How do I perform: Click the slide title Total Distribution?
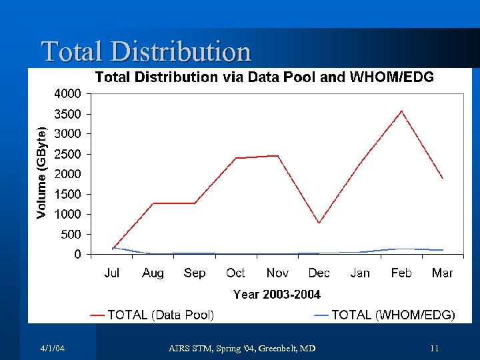pos(146,51)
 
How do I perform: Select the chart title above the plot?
pos(264,77)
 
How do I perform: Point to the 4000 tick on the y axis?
pos(67,93)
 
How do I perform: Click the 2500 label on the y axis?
pos(67,154)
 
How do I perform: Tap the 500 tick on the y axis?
pos(71,235)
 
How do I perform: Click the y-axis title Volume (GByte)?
pos(41,173)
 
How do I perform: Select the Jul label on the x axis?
pos(112,273)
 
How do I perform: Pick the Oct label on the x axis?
pos(235,273)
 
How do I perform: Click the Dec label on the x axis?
pos(319,273)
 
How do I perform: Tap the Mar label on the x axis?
pos(442,273)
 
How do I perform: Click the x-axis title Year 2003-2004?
pos(277,294)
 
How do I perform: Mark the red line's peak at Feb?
pos(401,111)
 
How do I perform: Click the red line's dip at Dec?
pos(319,223)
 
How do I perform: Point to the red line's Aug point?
pos(153,203)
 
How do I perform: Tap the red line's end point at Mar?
pos(443,179)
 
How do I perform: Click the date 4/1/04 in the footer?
pos(52,349)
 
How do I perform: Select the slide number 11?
pos(434,349)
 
